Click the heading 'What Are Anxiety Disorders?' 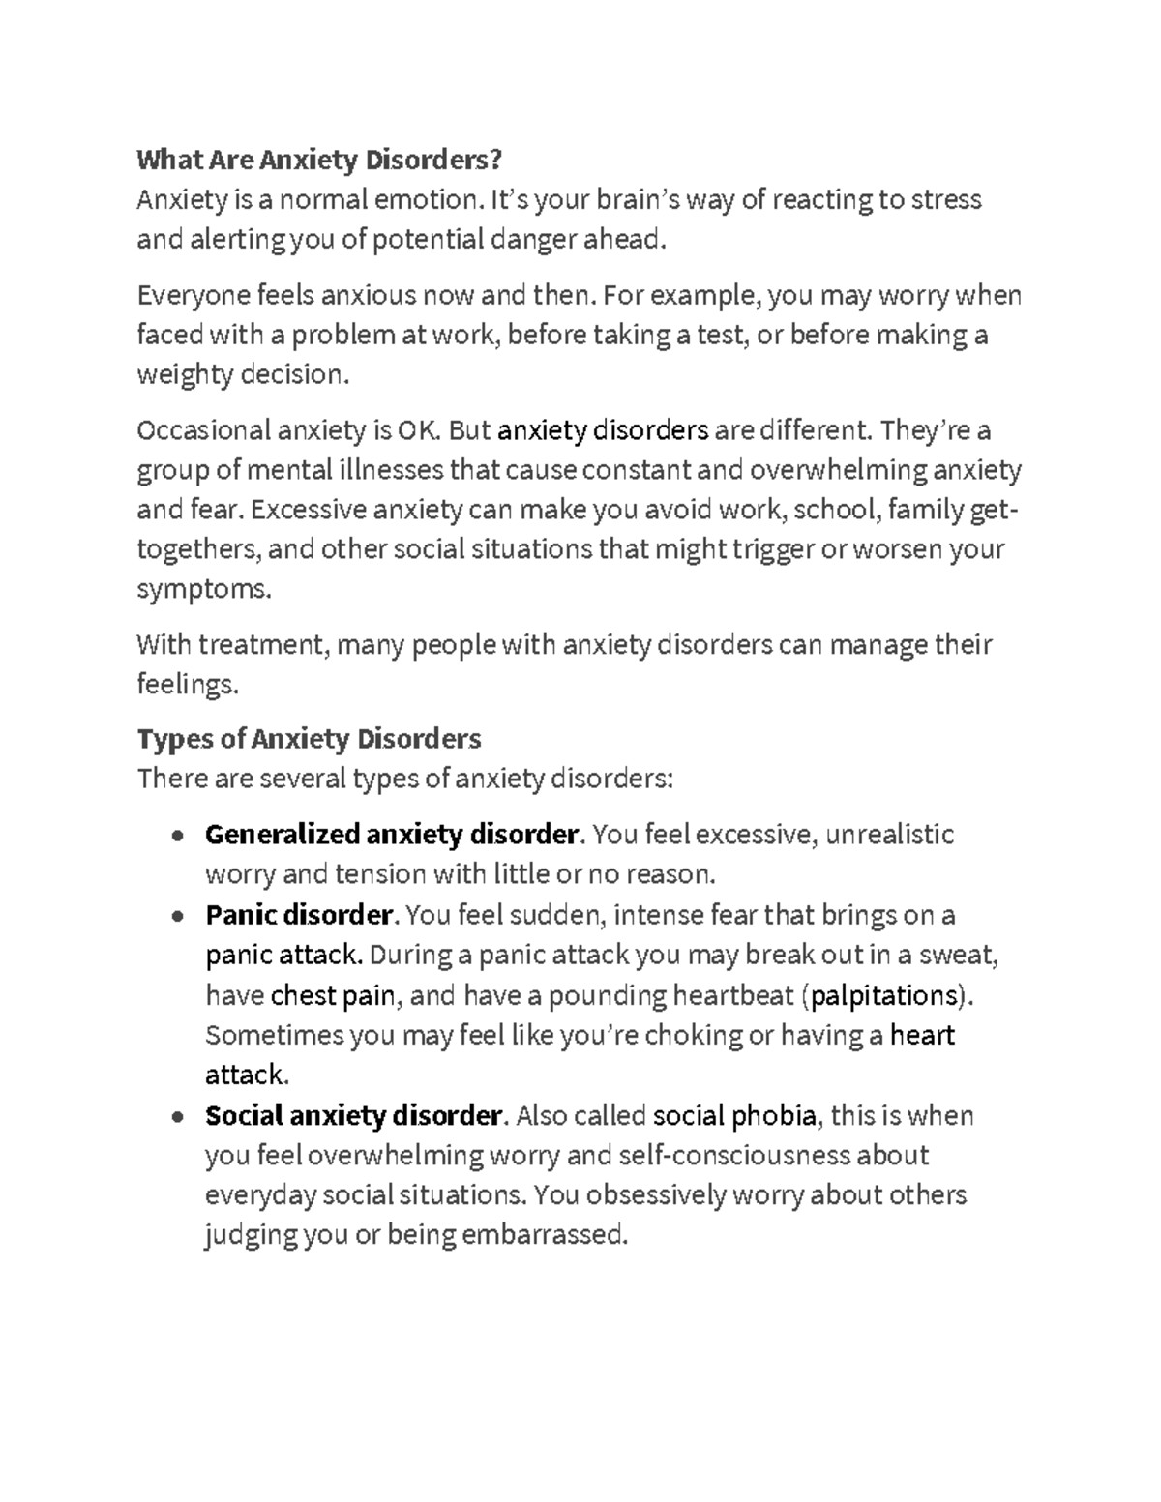tap(320, 159)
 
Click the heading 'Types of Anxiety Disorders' tap(309, 739)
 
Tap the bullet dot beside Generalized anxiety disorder tap(175, 836)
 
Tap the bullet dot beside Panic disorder tap(175, 916)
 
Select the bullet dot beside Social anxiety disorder tap(175, 1117)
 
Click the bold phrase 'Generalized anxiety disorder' tap(391, 834)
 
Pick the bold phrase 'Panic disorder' tap(299, 914)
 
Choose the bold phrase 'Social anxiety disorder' tap(352, 1115)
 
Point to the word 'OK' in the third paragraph tap(412, 429)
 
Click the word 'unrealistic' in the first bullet tap(889, 834)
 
